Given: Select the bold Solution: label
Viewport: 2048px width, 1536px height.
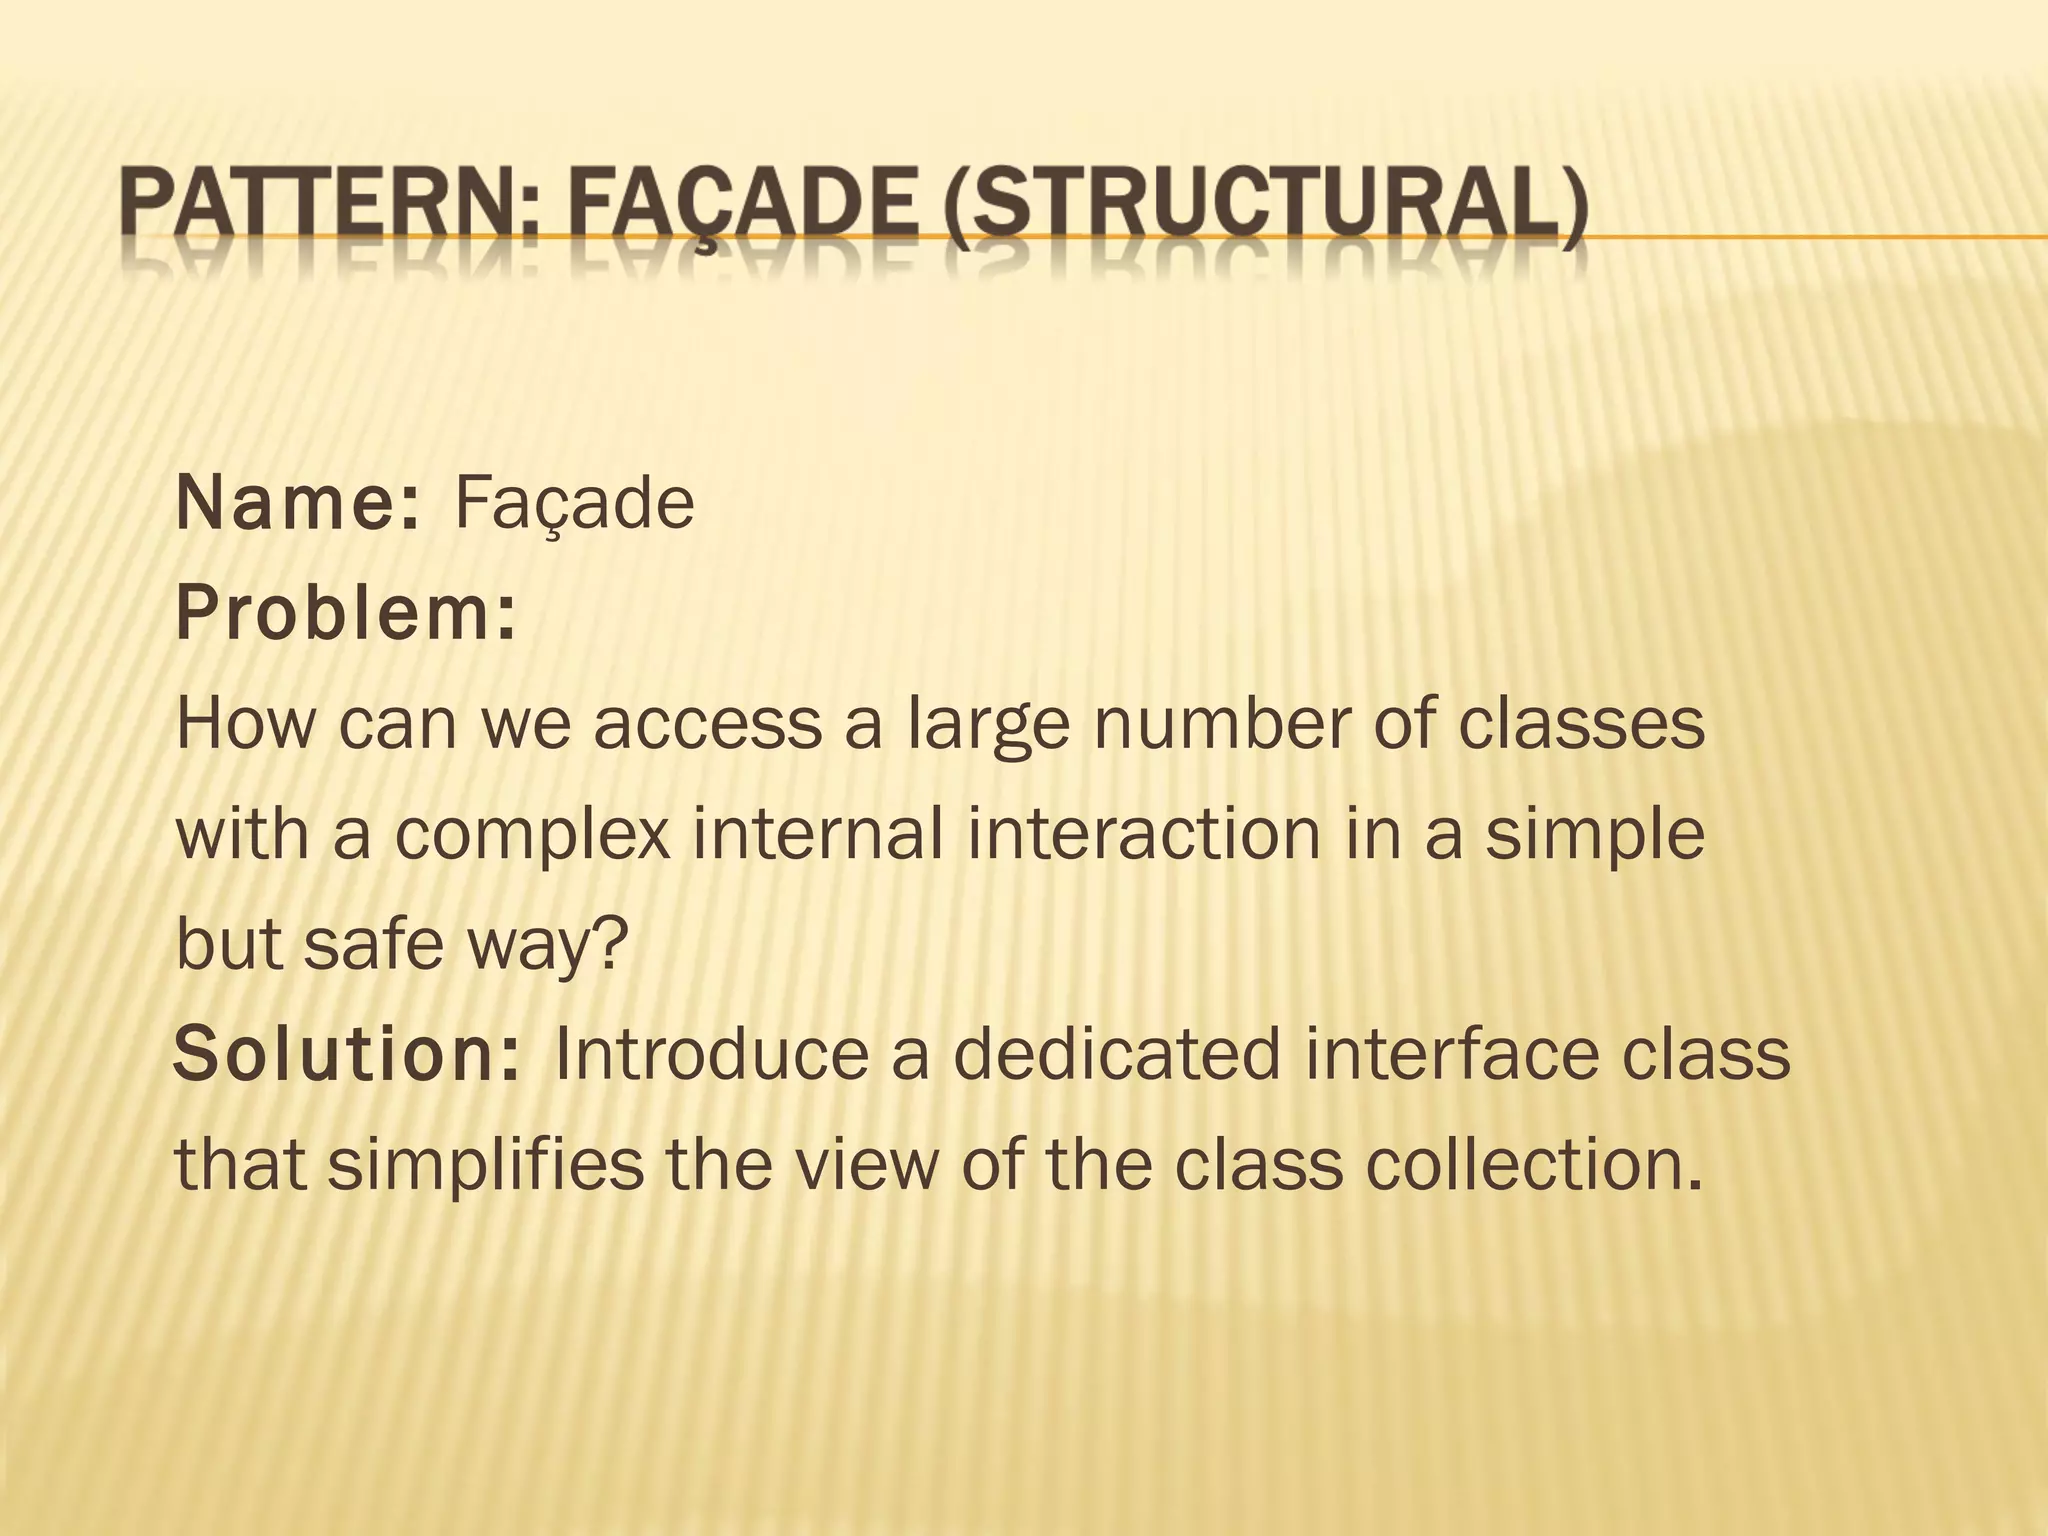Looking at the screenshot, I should (346, 1055).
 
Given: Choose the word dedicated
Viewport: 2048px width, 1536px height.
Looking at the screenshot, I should (1115, 1055).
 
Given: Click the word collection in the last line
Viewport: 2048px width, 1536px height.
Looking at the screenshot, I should (1532, 1165).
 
